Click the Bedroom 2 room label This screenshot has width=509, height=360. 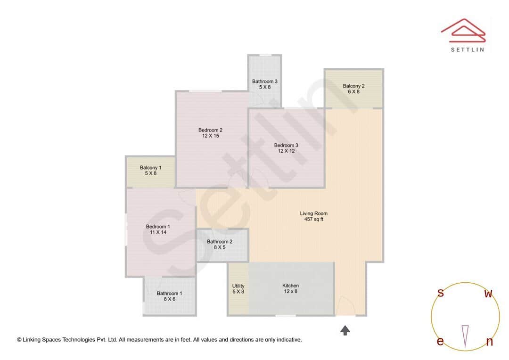click(x=210, y=130)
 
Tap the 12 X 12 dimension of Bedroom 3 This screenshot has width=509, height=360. click(x=286, y=151)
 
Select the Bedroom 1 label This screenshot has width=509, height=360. click(x=158, y=227)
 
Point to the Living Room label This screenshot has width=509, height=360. click(x=313, y=213)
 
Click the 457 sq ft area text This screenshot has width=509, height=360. click(x=313, y=219)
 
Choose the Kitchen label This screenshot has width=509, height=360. click(x=290, y=286)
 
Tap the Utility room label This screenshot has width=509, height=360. click(x=238, y=286)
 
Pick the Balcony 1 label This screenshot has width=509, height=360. click(x=150, y=168)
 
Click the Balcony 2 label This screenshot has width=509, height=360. click(x=353, y=86)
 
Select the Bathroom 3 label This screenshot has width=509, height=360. click(x=264, y=82)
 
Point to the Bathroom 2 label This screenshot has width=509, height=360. click(x=220, y=242)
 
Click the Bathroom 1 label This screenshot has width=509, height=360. click(x=169, y=293)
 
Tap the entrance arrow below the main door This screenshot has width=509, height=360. click(x=345, y=330)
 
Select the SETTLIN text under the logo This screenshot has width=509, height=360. click(x=467, y=49)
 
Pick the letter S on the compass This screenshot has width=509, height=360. click(x=441, y=293)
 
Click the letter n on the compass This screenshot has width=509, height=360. click(x=489, y=342)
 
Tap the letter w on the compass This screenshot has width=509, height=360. click(x=489, y=294)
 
